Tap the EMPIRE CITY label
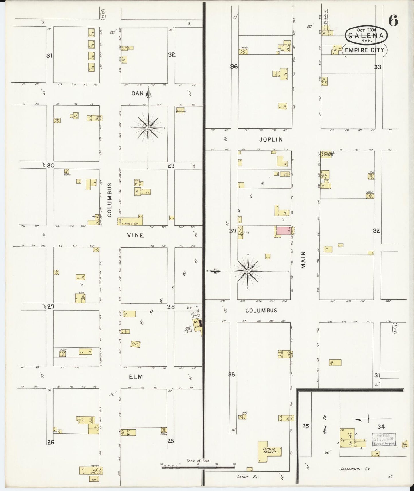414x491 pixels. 364,50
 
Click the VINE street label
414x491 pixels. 136,235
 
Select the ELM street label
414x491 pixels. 136,377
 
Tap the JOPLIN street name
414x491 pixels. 271,140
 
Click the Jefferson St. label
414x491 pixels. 355,469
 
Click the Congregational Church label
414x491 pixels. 328,154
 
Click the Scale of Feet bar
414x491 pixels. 198,467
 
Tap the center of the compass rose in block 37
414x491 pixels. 248,271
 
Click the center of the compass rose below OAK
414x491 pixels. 148,127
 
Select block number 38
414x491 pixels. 231,374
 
